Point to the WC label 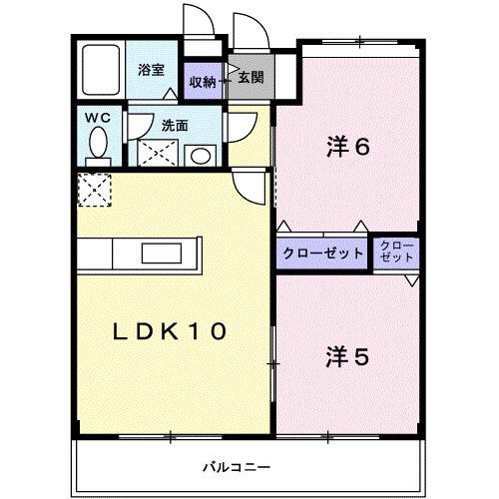pyautogui.click(x=96, y=119)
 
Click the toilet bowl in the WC pyautogui.click(x=97, y=146)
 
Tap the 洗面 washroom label pyautogui.click(x=175, y=125)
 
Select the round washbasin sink pyautogui.click(x=200, y=156)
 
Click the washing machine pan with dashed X pyautogui.click(x=154, y=154)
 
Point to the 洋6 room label pyautogui.click(x=347, y=146)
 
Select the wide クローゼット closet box pyautogui.click(x=322, y=252)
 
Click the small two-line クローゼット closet pyautogui.click(x=397, y=252)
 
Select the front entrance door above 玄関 pyautogui.click(x=246, y=29)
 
